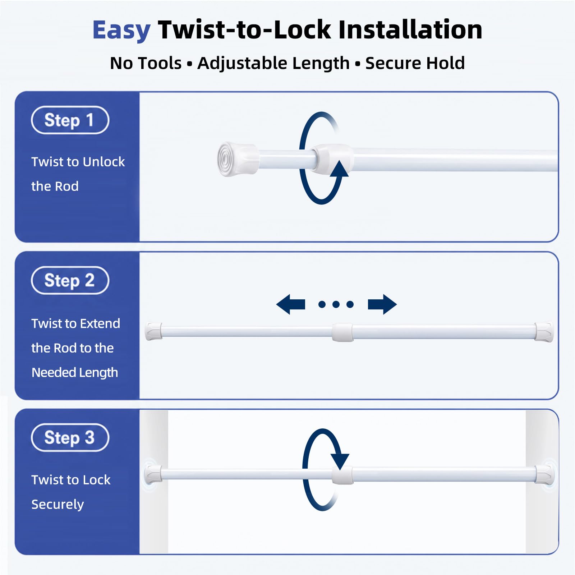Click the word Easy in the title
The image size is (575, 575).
[x=121, y=30]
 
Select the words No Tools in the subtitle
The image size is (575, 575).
[x=146, y=63]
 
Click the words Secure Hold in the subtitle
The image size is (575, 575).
[x=415, y=63]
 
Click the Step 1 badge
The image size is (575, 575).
[x=70, y=120]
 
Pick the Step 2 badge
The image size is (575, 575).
[x=70, y=280]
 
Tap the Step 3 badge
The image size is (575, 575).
[x=70, y=437]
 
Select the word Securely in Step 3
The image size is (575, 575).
[x=57, y=505]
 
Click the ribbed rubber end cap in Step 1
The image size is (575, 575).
[x=237, y=159]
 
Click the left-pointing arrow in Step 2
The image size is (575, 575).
[x=290, y=304]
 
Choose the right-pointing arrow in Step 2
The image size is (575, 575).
[x=382, y=304]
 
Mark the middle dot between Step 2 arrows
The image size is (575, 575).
[x=336, y=305]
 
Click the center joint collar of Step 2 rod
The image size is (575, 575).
[x=342, y=332]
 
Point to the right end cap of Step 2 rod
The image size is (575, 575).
[x=544, y=332]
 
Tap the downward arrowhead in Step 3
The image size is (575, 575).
[x=340, y=462]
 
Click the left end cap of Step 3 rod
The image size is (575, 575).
[x=153, y=474]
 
